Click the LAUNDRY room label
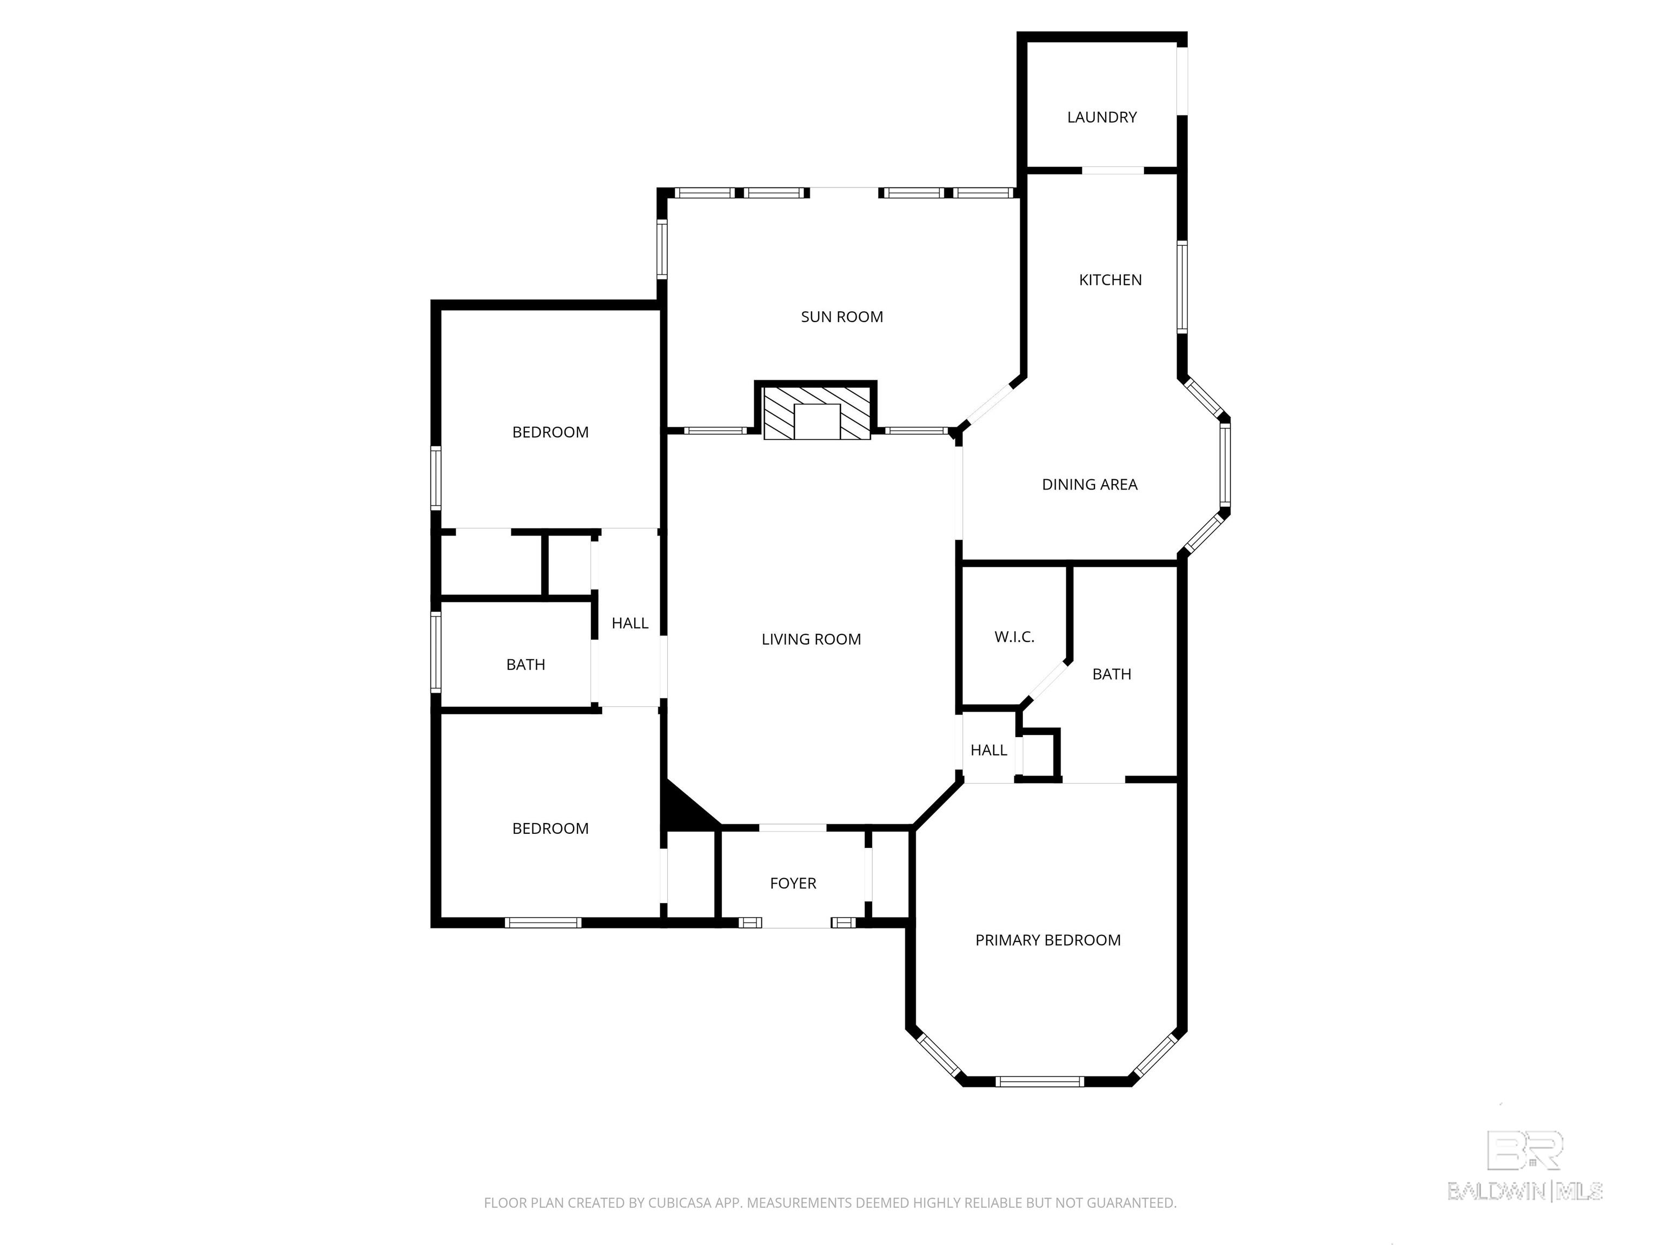1101,117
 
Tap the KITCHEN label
1110,280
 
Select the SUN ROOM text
842,317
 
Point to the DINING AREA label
1089,485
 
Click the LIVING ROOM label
811,639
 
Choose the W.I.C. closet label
1014,637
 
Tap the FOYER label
793,883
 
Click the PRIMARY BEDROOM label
1047,940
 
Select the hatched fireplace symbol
817,413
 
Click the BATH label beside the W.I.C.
1111,675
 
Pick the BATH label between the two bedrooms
526,665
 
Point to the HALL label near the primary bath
989,751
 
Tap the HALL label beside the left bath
630,623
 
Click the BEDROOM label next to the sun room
550,432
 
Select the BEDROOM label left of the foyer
550,828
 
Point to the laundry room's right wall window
1182,81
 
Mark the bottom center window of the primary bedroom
1040,1081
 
